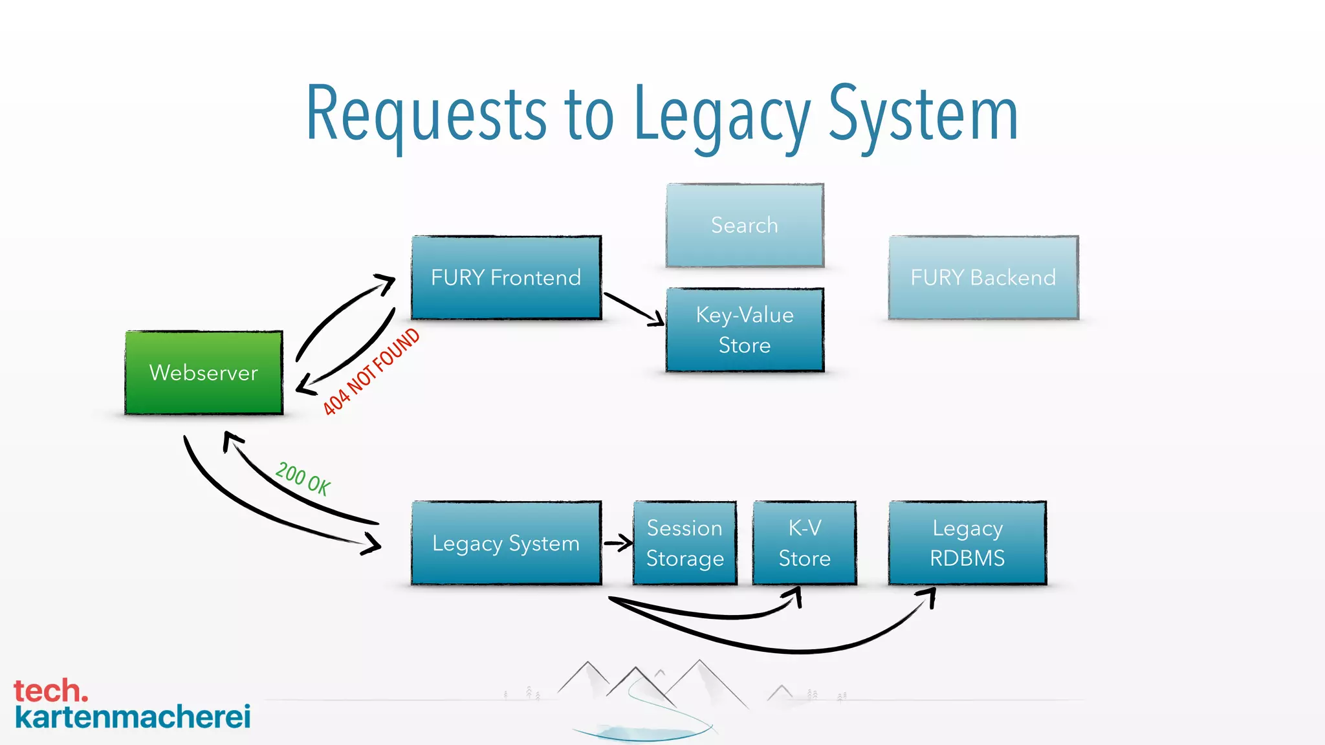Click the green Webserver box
pos(204,372)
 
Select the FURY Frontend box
pos(506,277)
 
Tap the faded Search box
pos(745,225)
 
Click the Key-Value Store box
pos(745,330)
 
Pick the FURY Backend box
pos(983,277)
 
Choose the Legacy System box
pos(506,543)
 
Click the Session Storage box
pos(684,543)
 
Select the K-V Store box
pos(804,543)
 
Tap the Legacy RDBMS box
pos(967,543)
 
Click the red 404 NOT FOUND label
pos(371,371)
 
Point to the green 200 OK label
pos(303,479)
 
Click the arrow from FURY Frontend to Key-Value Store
pos(634,308)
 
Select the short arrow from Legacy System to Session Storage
pos(618,543)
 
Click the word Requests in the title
pos(426,115)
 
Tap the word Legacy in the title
pos(721,115)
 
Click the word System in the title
pos(923,115)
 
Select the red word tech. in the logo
pos(50,691)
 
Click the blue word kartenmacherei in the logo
pos(133,717)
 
